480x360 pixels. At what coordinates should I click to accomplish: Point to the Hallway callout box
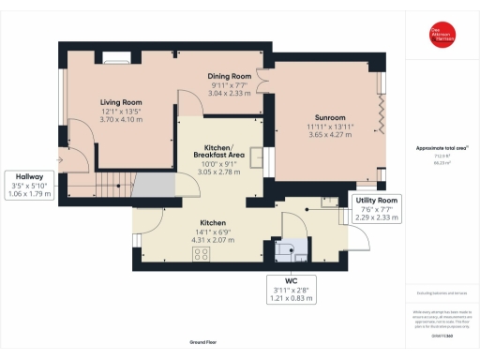[28, 185]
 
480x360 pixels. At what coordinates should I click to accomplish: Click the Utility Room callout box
[380, 207]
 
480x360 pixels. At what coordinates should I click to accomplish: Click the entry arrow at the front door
[61, 160]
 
